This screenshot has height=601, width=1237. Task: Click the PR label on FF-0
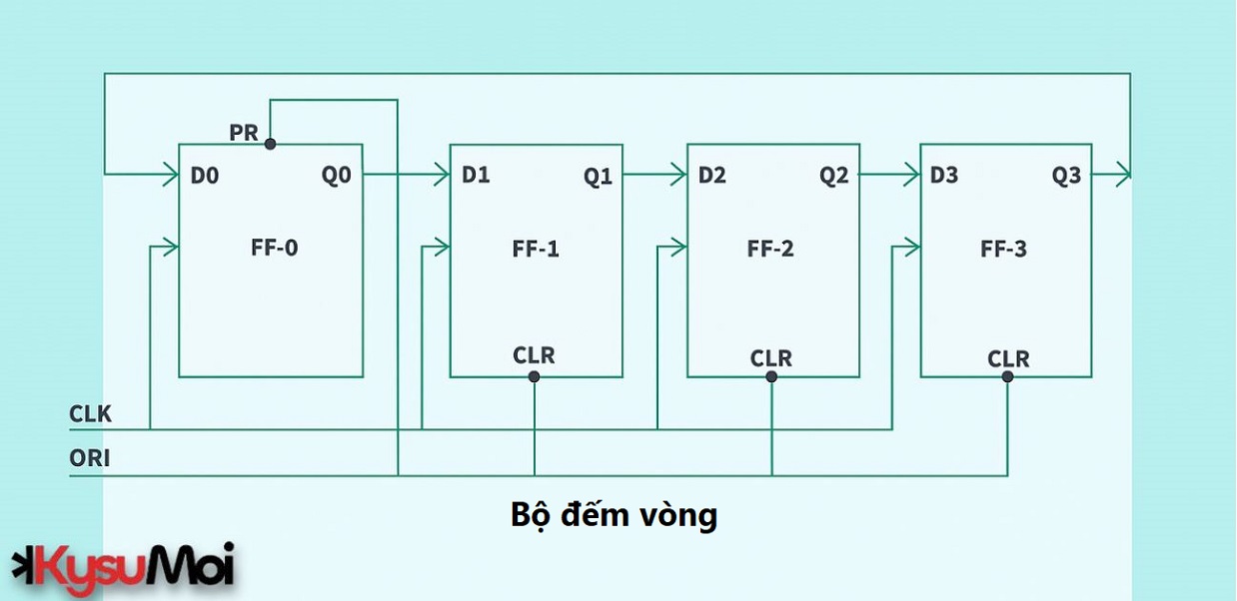(244, 133)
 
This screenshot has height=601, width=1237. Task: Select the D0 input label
(205, 176)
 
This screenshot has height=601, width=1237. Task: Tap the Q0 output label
(336, 176)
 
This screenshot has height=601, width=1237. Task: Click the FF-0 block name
(274, 248)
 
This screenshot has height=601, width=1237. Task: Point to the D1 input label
(476, 176)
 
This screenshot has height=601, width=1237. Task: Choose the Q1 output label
(599, 177)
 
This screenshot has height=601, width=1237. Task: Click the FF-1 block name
(536, 249)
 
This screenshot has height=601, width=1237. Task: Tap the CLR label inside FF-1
(534, 355)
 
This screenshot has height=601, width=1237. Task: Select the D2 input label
(712, 176)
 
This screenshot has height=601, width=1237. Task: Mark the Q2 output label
(834, 177)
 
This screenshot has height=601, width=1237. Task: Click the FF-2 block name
(770, 249)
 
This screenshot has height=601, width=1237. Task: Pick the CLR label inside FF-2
(771, 357)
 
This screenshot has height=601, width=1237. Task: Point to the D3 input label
(944, 176)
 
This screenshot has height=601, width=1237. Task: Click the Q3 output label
(1066, 177)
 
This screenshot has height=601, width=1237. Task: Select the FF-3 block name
(1004, 249)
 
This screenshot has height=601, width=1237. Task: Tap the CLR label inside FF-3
(1008, 358)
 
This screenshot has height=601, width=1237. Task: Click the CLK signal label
(91, 414)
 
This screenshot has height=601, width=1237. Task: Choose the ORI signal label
(90, 459)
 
